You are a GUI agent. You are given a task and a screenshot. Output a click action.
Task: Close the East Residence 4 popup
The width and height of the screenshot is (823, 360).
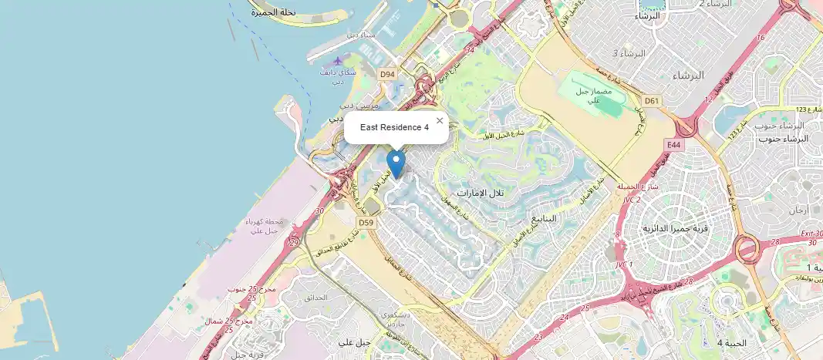pyautogui.click(x=440, y=120)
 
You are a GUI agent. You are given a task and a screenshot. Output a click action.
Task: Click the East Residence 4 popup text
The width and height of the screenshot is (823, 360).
pyautogui.click(x=394, y=127)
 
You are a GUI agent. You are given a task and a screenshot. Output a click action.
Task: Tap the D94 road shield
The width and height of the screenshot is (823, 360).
pyautogui.click(x=387, y=74)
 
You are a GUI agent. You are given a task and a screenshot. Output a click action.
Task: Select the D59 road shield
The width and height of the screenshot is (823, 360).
pyautogui.click(x=366, y=224)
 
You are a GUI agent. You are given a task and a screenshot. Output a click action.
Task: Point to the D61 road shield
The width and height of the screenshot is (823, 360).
pyautogui.click(x=653, y=100)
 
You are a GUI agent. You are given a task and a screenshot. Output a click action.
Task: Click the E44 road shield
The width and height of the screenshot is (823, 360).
pyautogui.click(x=673, y=144)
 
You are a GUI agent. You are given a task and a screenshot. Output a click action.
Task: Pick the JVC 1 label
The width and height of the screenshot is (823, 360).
pyautogui.click(x=623, y=264)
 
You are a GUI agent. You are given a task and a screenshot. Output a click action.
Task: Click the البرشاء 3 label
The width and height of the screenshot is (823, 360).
pyautogui.click(x=626, y=53)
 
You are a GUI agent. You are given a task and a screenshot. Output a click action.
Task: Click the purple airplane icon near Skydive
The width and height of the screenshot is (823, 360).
pyautogui.click(x=338, y=61)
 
